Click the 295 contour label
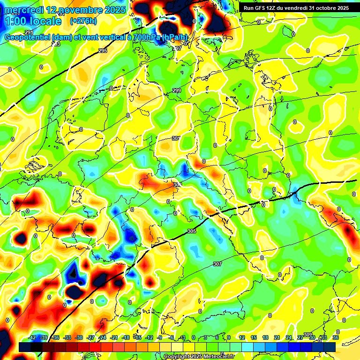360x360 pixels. pos(103,51)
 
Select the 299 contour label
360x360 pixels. pos(176,90)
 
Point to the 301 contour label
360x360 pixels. pos(176,138)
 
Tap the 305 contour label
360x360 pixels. pos(191,231)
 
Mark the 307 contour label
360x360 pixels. pos(217,264)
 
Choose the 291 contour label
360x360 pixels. pos(29,32)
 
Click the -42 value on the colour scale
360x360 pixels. pos(32,337)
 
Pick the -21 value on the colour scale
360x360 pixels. pos(114,337)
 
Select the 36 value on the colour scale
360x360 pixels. pos(335,337)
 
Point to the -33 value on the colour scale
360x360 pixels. pos(67,337)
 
